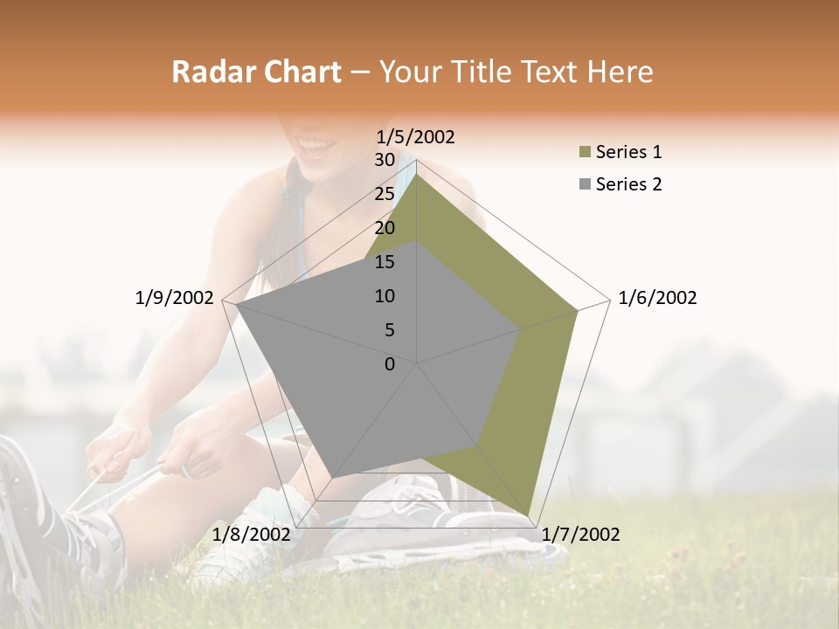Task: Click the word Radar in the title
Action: coord(205,72)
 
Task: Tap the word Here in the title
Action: coord(620,72)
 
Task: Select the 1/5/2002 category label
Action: coord(415,137)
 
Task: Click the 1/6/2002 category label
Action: coord(657,298)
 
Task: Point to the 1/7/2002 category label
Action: coord(580,535)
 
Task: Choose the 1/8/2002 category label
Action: coord(252,535)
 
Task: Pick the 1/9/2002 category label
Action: coord(175,298)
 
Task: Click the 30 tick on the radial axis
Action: coord(385,160)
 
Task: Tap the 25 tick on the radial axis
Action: coord(385,194)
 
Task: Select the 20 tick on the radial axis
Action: coord(385,228)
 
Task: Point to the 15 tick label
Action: coord(385,262)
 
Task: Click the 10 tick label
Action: coord(385,296)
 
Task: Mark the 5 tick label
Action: coord(389,330)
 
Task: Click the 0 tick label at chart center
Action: coord(389,364)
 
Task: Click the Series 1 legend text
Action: coord(628,152)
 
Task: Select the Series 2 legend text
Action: coord(628,184)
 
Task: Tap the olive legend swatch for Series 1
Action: coord(585,153)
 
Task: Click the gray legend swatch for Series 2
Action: coord(585,185)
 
